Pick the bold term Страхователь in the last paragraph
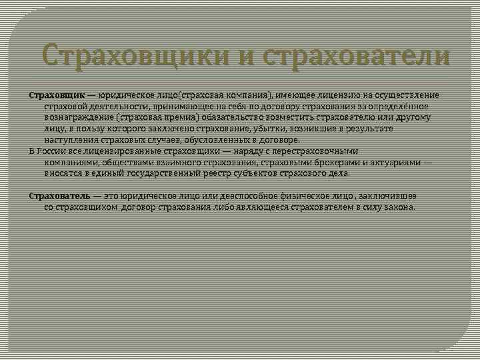[x=60, y=196]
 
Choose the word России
[x=53, y=151]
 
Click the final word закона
[x=399, y=207]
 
